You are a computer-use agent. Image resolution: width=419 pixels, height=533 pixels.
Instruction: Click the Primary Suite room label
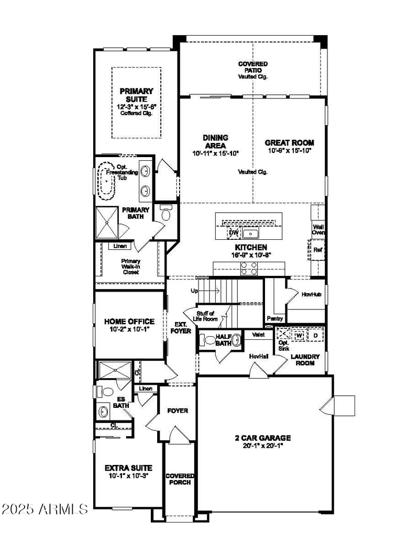136,95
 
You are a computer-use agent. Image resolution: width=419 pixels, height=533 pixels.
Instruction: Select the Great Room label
289,142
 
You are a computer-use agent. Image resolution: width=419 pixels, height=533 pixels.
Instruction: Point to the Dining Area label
215,141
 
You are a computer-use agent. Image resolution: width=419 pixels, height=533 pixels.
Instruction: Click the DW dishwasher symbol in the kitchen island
233,232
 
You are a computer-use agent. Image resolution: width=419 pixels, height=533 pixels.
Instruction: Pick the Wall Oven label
318,230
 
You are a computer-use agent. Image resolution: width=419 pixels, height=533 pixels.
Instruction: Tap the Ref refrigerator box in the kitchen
317,250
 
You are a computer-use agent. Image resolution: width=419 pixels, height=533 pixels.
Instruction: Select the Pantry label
275,318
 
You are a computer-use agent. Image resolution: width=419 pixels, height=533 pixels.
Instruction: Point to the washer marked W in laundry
299,334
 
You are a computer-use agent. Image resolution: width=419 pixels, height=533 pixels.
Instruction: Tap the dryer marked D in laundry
315,334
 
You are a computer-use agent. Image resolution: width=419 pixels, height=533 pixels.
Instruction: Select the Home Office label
129,321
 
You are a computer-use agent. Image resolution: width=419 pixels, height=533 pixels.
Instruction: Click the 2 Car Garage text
262,438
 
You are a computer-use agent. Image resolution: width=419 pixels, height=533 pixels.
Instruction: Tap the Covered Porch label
179,479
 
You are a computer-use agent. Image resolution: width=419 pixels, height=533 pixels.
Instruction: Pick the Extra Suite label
128,468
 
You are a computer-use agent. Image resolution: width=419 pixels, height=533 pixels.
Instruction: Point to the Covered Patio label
253,67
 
